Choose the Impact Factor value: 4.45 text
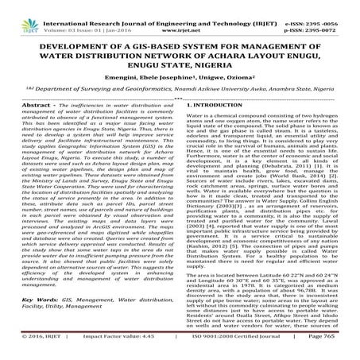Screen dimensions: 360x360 tap(100, 351)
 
